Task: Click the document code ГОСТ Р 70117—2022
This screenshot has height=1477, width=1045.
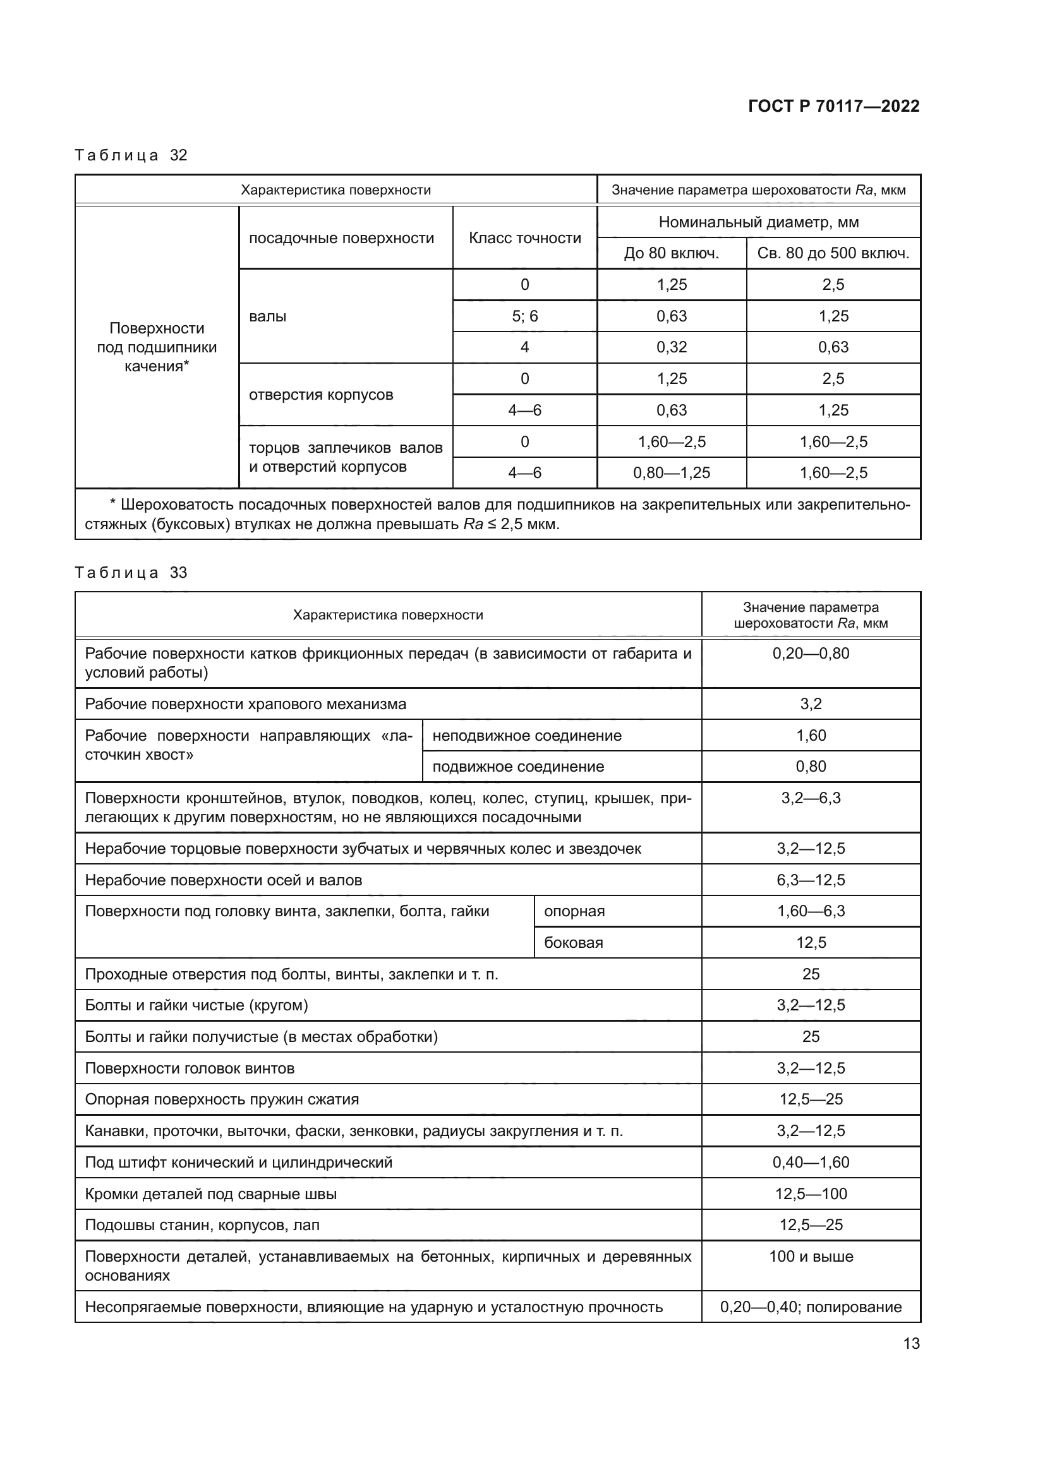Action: [x=833, y=107]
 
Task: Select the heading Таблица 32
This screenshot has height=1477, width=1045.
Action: [x=131, y=155]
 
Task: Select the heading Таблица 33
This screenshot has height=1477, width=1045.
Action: [x=131, y=573]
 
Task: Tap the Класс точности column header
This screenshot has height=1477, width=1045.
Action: [x=524, y=238]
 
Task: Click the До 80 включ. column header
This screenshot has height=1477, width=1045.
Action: [x=671, y=253]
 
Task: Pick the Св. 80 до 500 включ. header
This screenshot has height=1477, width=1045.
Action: [x=833, y=253]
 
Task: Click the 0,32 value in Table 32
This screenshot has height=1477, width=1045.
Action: [x=671, y=347]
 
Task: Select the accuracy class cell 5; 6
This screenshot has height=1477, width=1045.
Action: [x=524, y=316]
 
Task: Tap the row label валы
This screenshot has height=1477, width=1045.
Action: [x=268, y=316]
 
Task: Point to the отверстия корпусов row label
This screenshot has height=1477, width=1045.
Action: [x=320, y=394]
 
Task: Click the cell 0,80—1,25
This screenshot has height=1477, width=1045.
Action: [x=671, y=473]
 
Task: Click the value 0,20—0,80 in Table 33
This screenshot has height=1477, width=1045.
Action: [x=810, y=654]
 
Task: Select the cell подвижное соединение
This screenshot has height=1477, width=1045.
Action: [x=518, y=767]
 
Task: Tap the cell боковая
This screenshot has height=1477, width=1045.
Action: [x=573, y=943]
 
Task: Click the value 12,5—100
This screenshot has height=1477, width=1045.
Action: [x=810, y=1194]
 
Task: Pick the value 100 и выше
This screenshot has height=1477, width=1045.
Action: [x=810, y=1257]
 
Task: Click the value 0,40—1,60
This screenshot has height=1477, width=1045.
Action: [x=810, y=1163]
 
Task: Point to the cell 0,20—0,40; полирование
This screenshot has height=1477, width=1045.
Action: [x=810, y=1307]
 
